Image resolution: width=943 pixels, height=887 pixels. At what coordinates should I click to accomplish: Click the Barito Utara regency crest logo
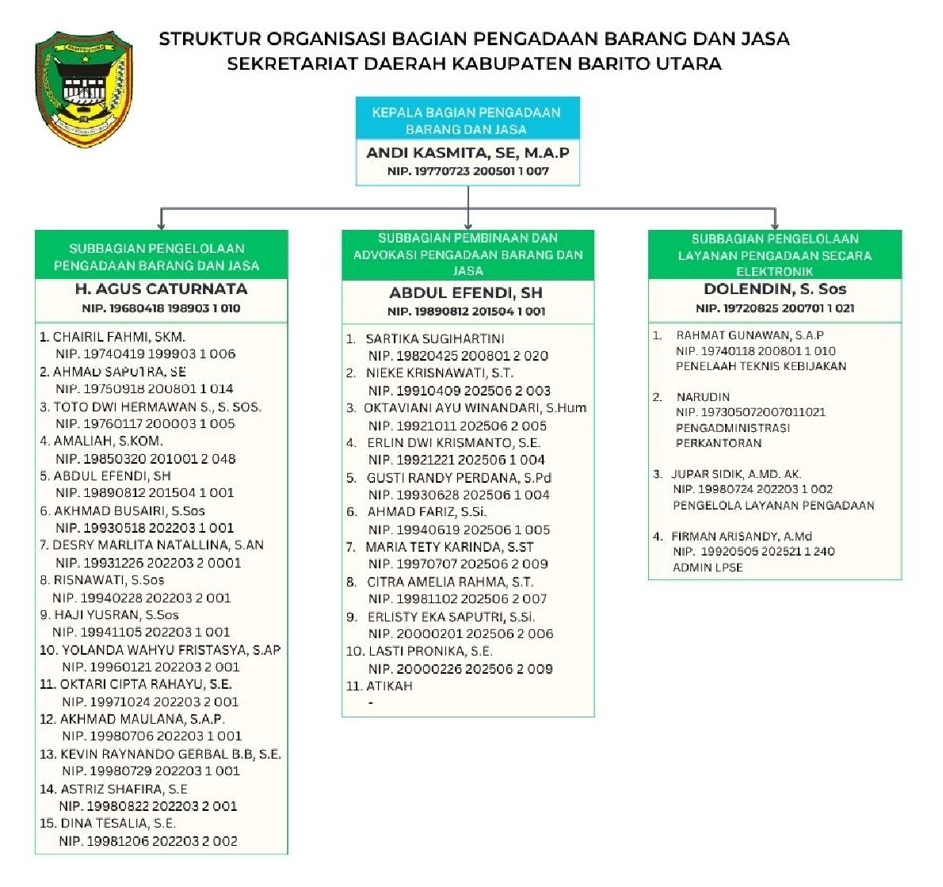84,89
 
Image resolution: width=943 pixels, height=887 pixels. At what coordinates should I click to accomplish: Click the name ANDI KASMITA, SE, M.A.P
468,153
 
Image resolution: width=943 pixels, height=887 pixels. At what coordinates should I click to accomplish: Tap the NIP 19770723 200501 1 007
468,171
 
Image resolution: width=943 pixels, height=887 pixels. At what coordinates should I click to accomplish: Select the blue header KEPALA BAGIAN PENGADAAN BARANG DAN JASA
467,120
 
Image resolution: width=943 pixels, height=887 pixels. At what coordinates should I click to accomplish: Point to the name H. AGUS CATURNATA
161,289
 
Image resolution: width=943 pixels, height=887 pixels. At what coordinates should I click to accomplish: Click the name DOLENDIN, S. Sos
775,289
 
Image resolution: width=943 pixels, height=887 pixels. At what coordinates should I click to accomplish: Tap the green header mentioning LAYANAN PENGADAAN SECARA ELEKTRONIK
774,255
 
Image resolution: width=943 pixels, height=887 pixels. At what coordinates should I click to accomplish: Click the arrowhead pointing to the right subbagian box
774,224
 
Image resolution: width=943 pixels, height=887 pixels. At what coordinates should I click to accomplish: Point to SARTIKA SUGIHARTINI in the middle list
435,338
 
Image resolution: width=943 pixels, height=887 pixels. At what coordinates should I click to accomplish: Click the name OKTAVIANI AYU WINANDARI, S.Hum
475,408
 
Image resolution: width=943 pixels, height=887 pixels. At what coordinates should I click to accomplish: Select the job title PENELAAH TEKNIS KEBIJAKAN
761,366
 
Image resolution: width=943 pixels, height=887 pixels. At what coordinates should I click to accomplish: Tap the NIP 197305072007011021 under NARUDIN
750,412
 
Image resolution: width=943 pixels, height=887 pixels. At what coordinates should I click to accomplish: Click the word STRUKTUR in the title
210,39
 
